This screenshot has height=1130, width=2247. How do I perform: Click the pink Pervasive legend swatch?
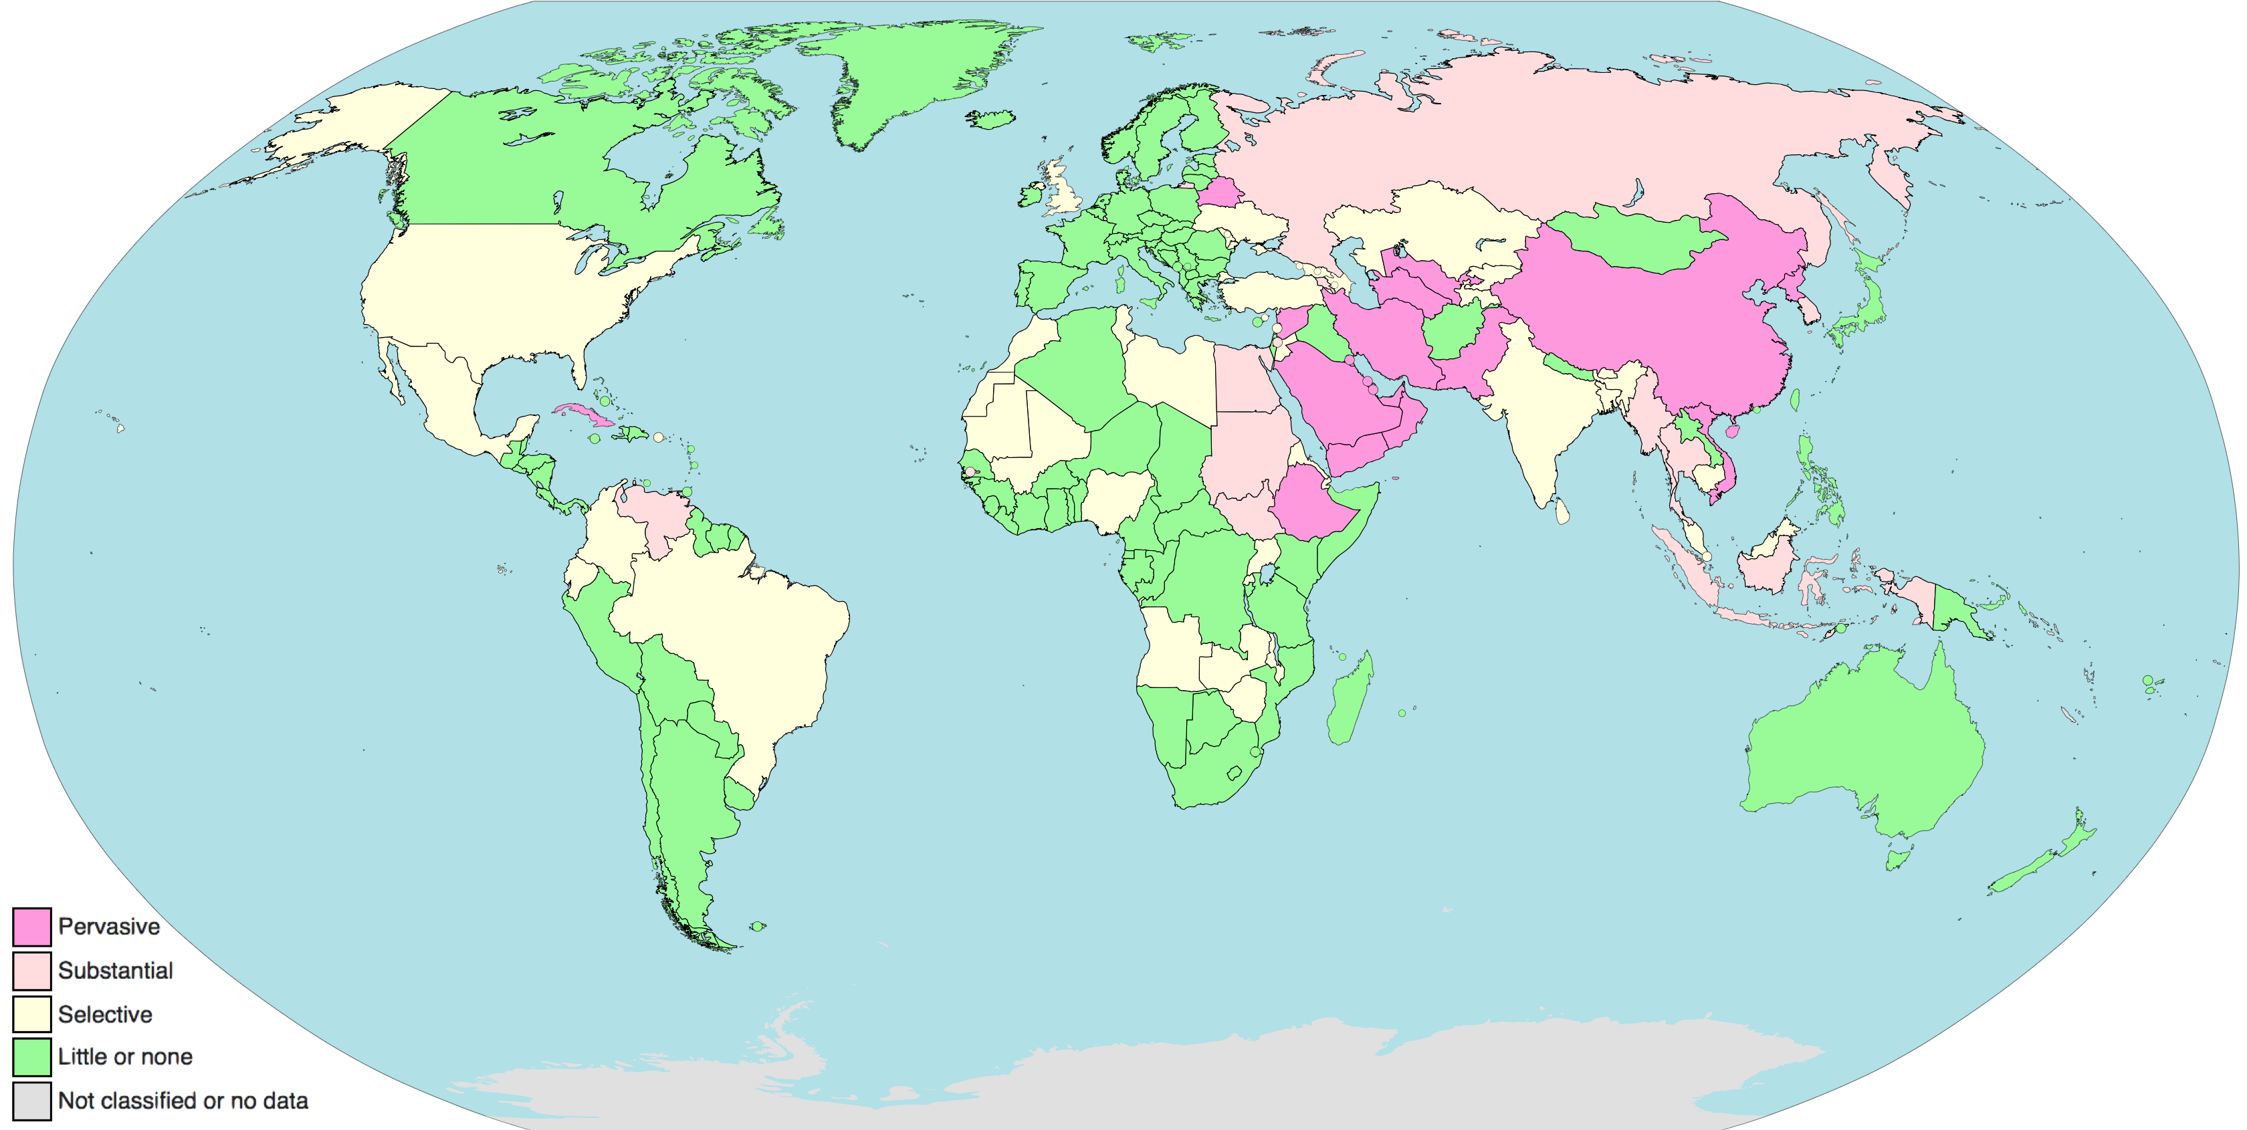[x=31, y=926]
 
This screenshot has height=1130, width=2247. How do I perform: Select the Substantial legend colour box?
[x=31, y=970]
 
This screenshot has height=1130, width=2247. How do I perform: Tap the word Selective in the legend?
[x=105, y=1014]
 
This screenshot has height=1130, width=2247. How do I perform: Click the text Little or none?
[x=125, y=1056]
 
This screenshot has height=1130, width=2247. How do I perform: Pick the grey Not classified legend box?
[x=31, y=1101]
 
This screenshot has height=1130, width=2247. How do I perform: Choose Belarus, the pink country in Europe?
[x=1219, y=192]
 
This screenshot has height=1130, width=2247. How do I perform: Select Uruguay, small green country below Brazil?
[x=740, y=794]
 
